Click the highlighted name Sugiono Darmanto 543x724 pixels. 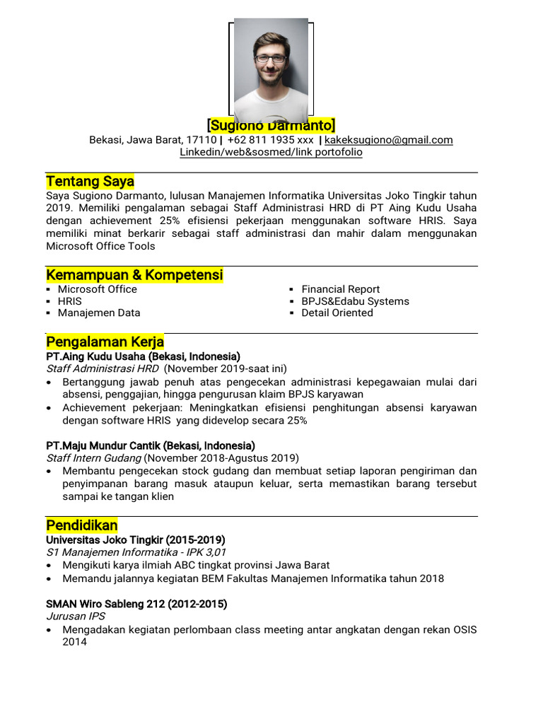271,125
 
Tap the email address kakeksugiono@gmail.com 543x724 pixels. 388,140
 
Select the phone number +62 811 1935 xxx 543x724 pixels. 270,140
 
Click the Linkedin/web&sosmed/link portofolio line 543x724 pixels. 271,152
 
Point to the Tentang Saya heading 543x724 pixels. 90,181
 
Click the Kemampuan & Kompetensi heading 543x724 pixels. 134,274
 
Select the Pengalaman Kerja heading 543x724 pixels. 105,342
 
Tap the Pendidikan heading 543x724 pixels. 82,525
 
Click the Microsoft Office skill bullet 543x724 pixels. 98,289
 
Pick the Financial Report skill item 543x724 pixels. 340,289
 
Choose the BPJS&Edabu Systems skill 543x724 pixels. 355,301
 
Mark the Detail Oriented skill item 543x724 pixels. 337,313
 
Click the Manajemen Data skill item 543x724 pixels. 99,313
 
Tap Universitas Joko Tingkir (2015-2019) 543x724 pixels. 135,540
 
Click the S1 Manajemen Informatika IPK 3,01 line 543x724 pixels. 136,552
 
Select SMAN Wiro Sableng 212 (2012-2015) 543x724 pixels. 136,605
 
